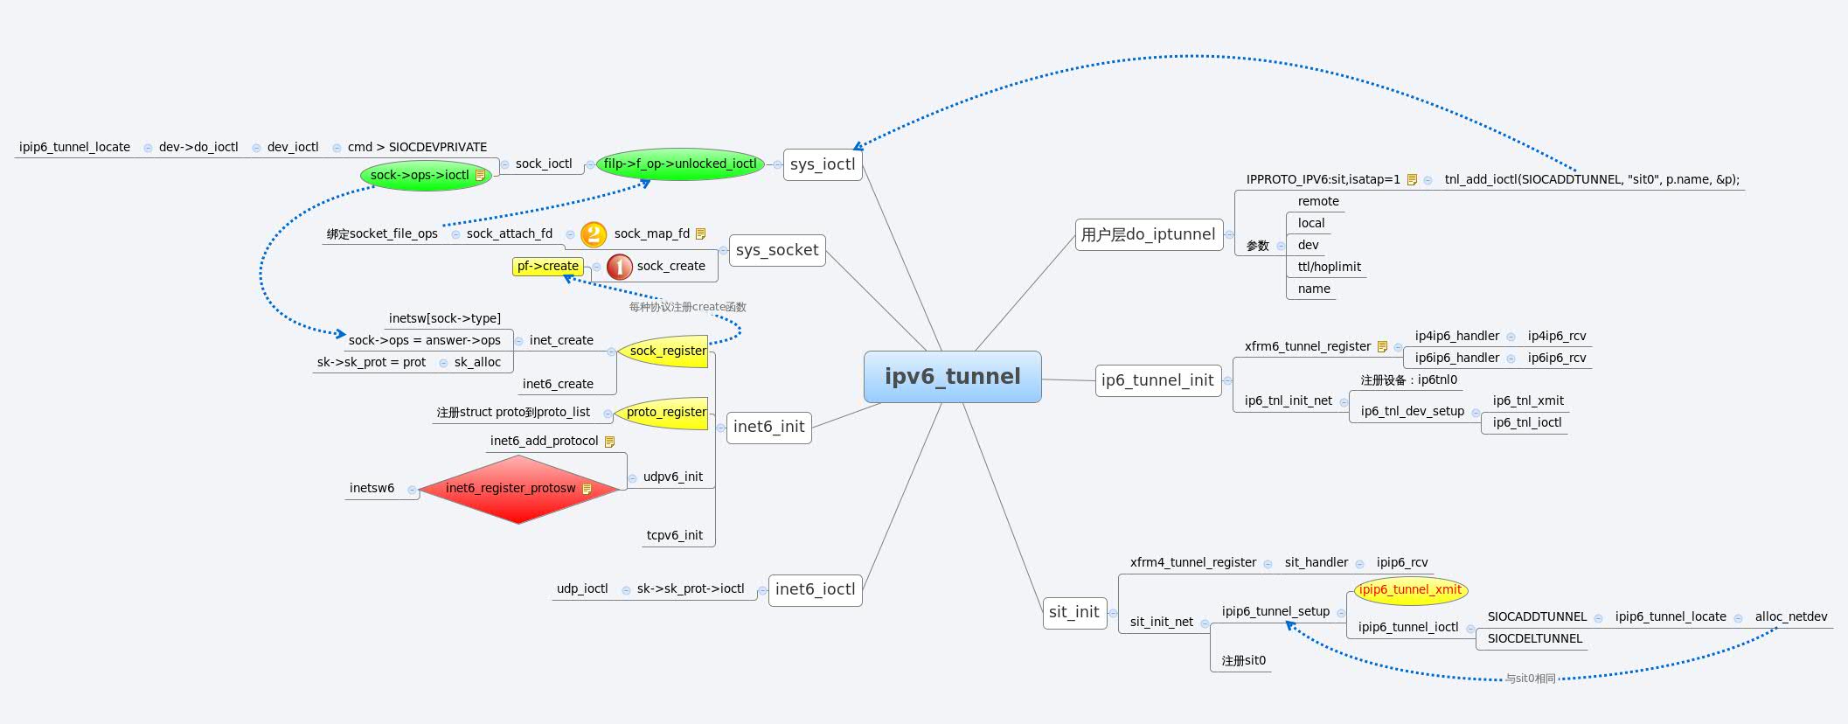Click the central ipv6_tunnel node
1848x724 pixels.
click(952, 377)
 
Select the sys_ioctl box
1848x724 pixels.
click(822, 164)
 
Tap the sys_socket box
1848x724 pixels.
click(776, 250)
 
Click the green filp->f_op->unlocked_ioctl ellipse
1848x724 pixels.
click(680, 164)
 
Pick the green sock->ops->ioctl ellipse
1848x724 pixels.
click(425, 175)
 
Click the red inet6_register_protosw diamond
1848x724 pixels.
click(518, 488)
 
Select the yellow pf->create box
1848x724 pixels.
click(547, 266)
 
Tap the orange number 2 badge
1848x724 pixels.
click(594, 233)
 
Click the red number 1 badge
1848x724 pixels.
click(619, 266)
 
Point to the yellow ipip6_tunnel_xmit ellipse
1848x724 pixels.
click(1409, 589)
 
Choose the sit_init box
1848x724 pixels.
click(1073, 612)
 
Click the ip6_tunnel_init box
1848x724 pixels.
click(1157, 380)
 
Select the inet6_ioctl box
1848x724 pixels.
click(815, 589)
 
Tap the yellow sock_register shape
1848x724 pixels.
click(666, 351)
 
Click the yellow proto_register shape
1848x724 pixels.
click(664, 412)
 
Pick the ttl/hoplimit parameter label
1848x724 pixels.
click(1329, 267)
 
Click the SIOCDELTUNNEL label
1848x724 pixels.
click(1534, 638)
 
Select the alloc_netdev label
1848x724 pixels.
click(1790, 616)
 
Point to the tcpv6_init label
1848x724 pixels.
click(674, 535)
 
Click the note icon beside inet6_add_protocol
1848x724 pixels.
click(609, 442)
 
